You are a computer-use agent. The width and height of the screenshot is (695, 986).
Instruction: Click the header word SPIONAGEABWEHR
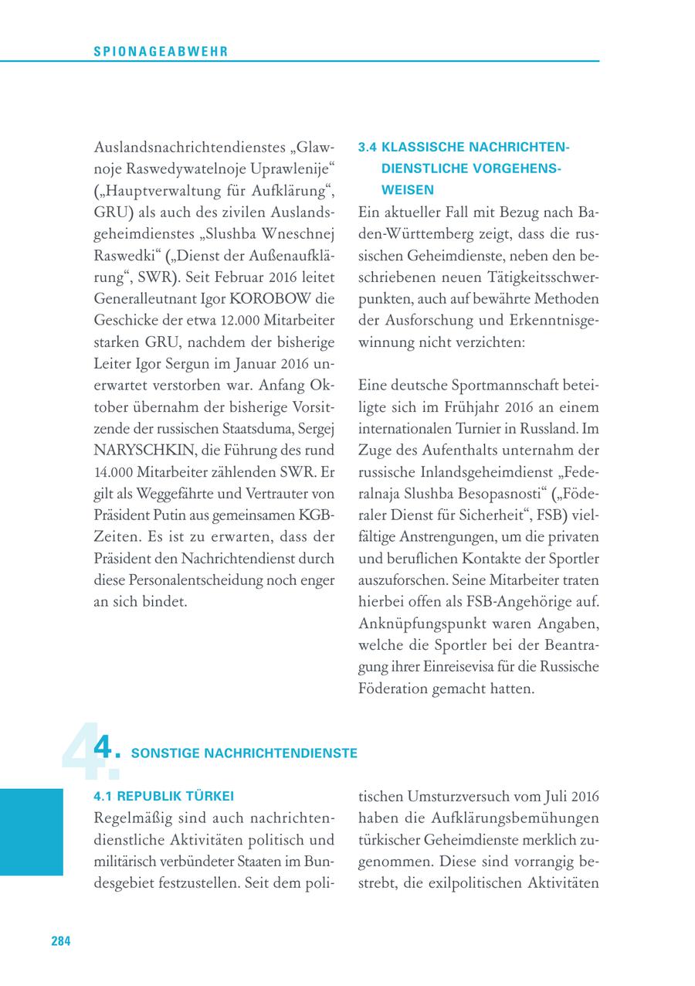[161, 51]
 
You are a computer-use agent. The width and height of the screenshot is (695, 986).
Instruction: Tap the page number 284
[61, 940]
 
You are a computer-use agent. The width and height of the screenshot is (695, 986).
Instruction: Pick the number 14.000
[117, 471]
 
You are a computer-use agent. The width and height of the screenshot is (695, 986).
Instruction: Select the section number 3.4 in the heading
[369, 147]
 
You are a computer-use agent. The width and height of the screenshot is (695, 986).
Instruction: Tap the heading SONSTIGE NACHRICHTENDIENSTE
[245, 753]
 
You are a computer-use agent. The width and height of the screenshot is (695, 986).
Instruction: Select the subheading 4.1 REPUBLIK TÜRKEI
[163, 796]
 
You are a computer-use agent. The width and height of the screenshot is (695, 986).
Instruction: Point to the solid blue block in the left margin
[32, 831]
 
